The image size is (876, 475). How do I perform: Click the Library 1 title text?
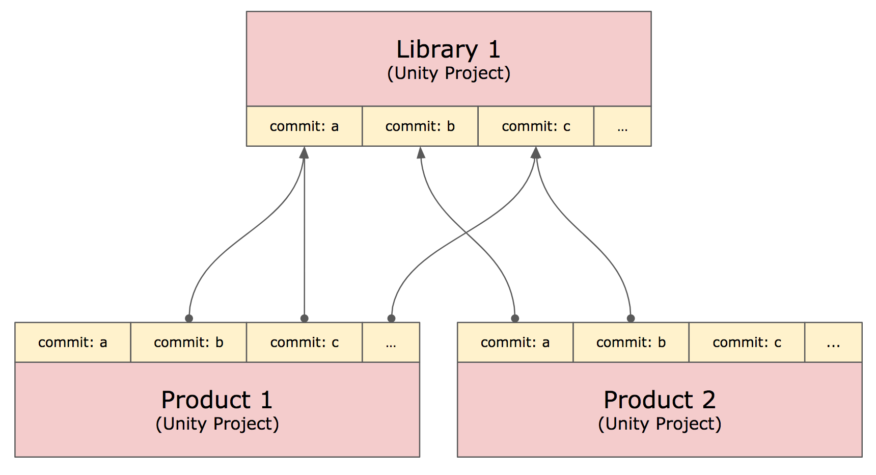point(448,50)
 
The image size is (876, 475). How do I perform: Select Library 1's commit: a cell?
point(304,126)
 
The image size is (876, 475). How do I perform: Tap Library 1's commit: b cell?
point(420,126)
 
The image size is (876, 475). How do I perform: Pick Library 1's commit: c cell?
point(536,126)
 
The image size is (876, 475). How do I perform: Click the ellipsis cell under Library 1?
point(622,126)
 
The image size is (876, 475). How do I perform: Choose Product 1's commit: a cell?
point(73,342)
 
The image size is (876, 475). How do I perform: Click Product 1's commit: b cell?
point(188,342)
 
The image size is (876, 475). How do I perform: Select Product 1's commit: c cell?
point(305,342)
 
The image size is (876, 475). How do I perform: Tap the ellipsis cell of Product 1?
point(391,342)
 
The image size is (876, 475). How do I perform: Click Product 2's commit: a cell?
point(515,342)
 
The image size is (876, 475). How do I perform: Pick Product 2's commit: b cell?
point(631,342)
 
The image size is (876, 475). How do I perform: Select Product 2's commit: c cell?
point(747,342)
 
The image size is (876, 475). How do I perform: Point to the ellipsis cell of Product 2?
point(833,342)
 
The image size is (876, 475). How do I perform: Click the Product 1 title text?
point(217,400)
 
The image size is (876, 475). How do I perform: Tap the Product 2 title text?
point(660,400)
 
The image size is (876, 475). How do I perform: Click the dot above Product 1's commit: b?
point(189,319)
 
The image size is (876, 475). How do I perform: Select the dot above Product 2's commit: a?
point(515,319)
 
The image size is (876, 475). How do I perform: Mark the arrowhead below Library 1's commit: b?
point(421,152)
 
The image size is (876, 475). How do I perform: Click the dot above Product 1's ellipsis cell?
point(391,319)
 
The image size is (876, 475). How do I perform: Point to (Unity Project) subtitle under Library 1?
point(449,73)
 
